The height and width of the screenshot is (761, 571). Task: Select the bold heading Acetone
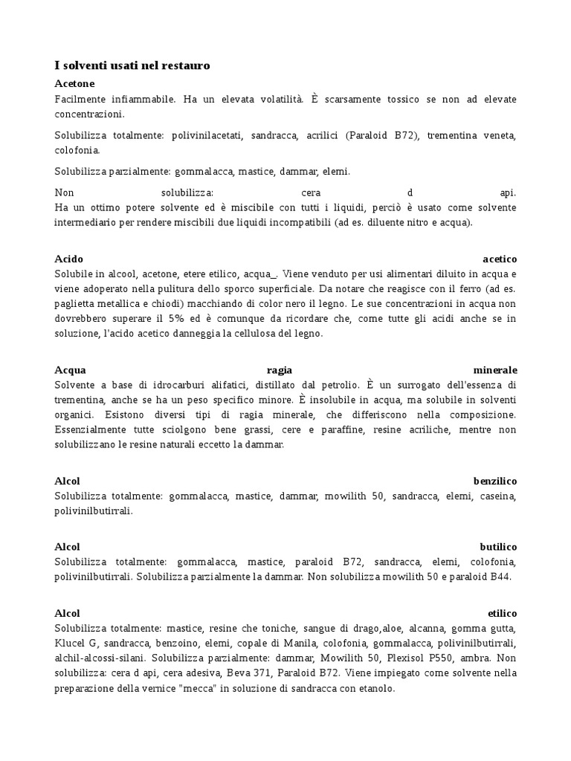click(x=74, y=83)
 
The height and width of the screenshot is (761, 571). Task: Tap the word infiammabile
click(x=138, y=99)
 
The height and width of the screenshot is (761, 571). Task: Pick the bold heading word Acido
click(x=69, y=259)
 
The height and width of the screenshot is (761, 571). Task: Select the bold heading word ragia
click(x=280, y=369)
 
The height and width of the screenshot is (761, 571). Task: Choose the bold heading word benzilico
click(x=494, y=481)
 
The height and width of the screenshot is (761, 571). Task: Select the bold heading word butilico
click(x=498, y=547)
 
